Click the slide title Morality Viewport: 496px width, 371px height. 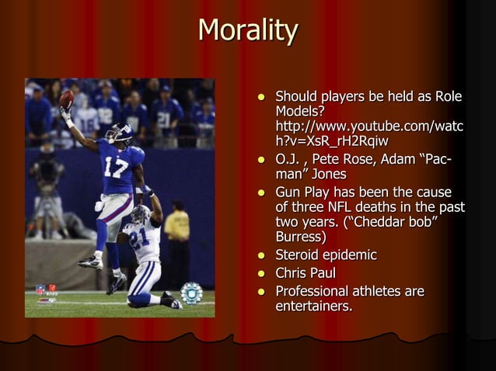[248, 31]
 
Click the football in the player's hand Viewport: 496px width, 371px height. [67, 100]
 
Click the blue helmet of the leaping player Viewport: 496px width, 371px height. [119, 133]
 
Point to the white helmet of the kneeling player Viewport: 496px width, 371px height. [141, 214]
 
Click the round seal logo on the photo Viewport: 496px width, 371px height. [191, 293]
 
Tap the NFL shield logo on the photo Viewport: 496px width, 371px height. [40, 289]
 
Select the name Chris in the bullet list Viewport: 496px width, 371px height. [294, 273]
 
